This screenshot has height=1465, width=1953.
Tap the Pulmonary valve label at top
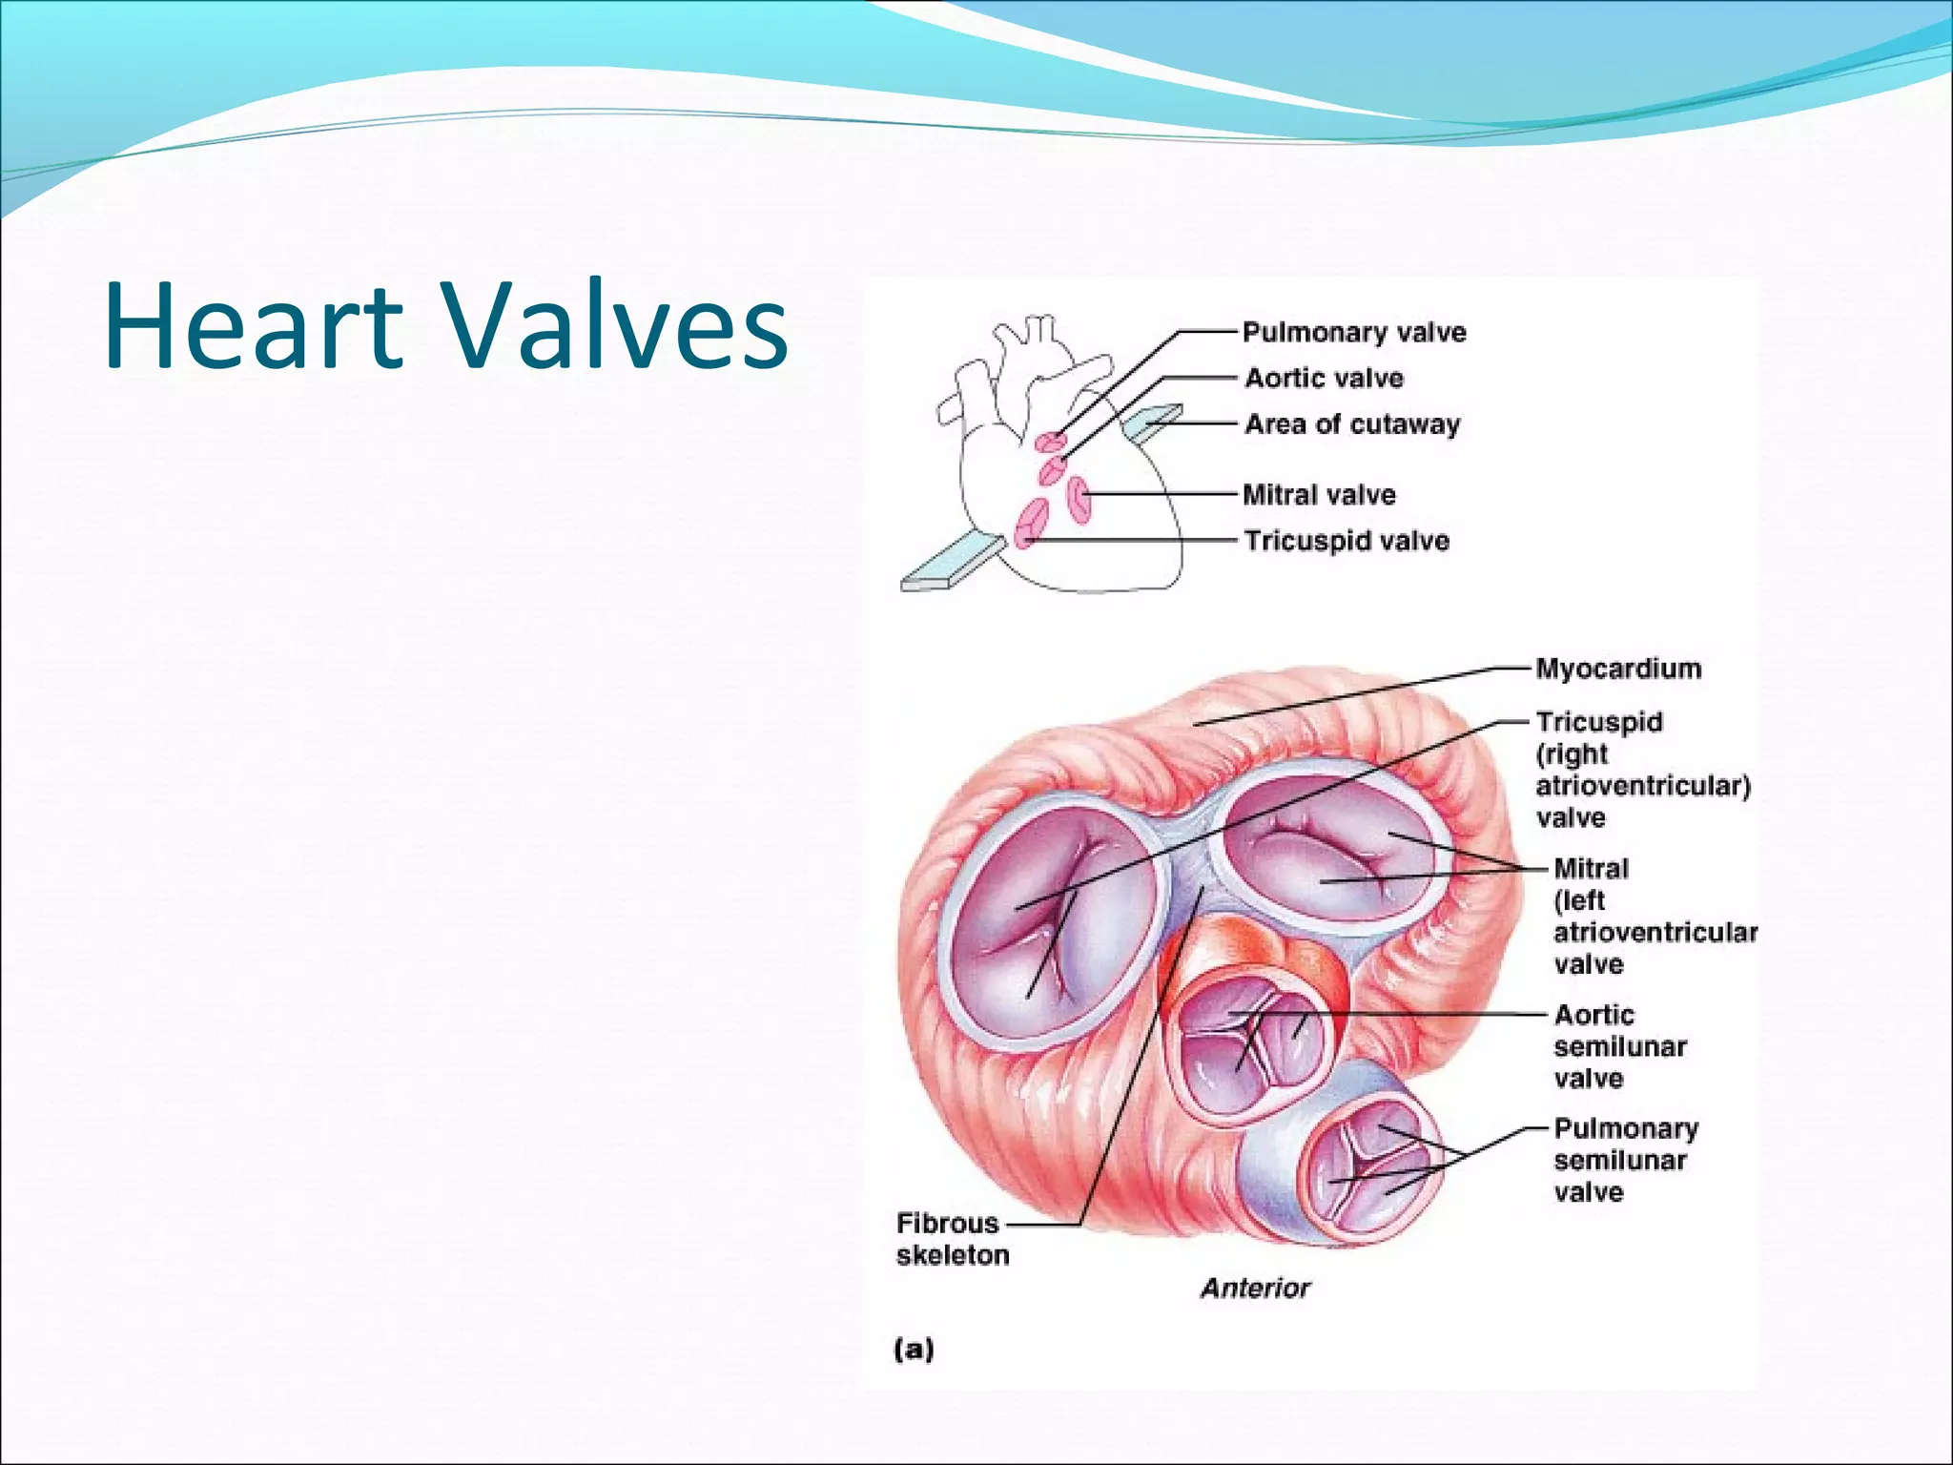[1353, 333]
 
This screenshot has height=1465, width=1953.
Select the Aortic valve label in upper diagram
[1324, 379]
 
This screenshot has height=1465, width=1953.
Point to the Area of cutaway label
[1351, 424]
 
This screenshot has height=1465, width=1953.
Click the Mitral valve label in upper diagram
[1319, 495]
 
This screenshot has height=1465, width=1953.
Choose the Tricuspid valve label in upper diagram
[1346, 541]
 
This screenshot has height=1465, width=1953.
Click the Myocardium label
[1617, 669]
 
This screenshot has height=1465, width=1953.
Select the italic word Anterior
[1255, 1289]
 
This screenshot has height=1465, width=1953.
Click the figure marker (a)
[914, 1349]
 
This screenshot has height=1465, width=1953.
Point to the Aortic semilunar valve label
[1618, 1046]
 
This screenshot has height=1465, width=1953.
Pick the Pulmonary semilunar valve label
[1625, 1160]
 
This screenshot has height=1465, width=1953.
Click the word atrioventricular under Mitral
[1655, 933]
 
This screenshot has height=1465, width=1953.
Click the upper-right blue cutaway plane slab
[1153, 421]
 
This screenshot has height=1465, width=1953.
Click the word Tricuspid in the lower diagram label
[1598, 722]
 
